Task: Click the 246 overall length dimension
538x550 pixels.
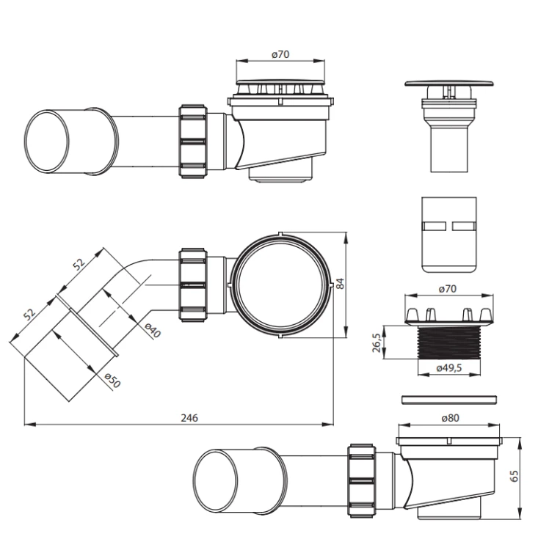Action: [189, 418]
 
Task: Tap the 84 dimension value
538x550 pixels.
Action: [340, 283]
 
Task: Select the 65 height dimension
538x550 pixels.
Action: [514, 476]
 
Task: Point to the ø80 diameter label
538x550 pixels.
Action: [450, 418]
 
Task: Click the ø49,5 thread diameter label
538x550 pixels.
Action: [449, 368]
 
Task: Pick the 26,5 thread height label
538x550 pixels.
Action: [376, 342]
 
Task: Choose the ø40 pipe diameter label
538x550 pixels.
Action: [153, 330]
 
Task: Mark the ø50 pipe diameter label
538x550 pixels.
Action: [113, 380]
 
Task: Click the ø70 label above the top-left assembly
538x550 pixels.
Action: [280, 54]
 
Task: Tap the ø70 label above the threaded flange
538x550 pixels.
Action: [448, 289]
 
